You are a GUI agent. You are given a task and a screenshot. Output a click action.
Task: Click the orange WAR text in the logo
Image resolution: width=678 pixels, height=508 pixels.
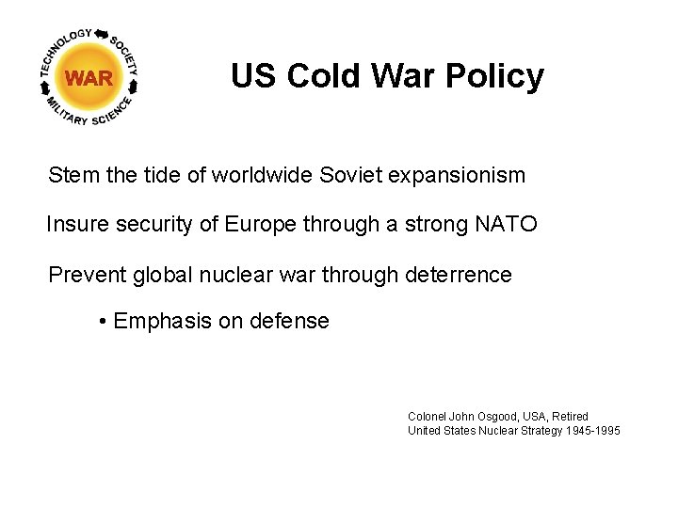coord(89,78)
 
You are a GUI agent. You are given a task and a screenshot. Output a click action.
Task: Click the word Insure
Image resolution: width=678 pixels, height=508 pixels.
coord(76,225)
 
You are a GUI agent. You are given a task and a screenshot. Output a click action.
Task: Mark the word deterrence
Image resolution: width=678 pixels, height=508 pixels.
coord(458,275)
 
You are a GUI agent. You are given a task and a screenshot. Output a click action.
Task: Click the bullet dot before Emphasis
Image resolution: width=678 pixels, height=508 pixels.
coord(102,322)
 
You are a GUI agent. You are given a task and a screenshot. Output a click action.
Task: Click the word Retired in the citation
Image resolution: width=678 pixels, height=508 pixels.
coord(570,416)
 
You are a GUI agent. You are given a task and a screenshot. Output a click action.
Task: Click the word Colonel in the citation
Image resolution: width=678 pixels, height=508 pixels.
coord(427,416)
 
